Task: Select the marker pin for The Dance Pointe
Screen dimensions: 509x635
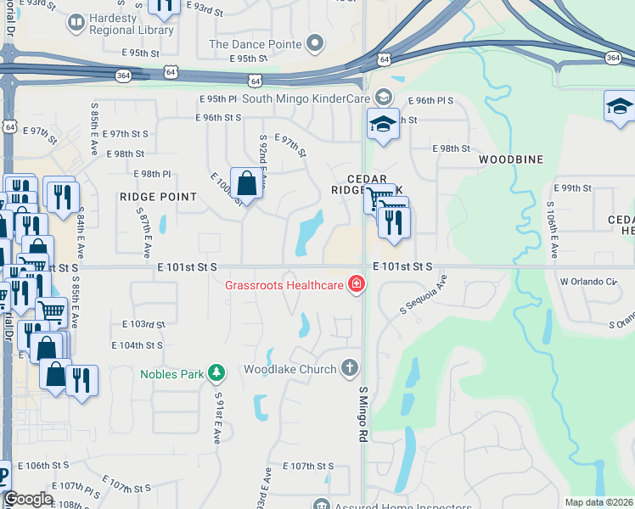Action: (316, 42)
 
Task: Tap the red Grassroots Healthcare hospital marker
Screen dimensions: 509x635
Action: (356, 284)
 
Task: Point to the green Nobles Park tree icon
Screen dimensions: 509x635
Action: (216, 372)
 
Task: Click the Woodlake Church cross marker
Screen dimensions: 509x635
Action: (349, 367)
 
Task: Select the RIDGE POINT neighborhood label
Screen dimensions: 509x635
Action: (158, 196)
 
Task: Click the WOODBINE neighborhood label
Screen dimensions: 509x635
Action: (510, 159)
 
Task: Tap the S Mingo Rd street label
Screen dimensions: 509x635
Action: (362, 415)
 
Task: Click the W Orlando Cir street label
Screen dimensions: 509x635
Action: (587, 281)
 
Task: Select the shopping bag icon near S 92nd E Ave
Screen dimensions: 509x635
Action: (246, 182)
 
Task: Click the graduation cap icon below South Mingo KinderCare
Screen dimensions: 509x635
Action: (383, 124)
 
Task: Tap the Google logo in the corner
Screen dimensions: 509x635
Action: (28, 499)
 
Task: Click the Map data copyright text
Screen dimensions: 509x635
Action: (598, 502)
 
